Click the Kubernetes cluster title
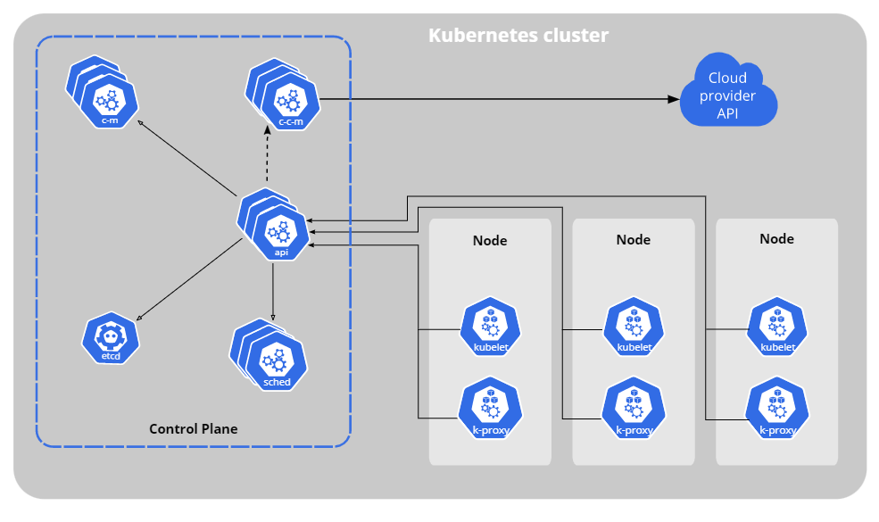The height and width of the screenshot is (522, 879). click(518, 36)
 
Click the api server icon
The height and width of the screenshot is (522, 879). click(279, 229)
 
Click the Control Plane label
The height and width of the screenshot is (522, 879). click(193, 429)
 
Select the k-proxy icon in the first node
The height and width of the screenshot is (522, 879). click(489, 409)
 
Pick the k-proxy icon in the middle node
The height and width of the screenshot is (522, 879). click(634, 409)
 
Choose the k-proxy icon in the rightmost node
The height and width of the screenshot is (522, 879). click(777, 409)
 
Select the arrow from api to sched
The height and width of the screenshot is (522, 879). click(272, 290)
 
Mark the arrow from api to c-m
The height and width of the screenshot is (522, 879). click(187, 158)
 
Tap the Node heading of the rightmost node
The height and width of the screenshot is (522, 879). click(776, 239)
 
